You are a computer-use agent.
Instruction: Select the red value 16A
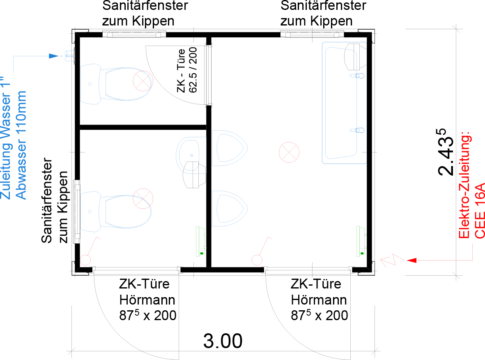479,196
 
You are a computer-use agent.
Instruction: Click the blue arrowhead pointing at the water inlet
54,56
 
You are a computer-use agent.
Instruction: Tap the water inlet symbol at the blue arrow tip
70,55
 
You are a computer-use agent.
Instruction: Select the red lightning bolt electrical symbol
392,260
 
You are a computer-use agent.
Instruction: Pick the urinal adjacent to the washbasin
229,148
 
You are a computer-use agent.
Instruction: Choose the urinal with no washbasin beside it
229,208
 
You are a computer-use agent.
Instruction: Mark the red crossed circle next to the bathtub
289,152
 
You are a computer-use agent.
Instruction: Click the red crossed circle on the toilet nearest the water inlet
143,81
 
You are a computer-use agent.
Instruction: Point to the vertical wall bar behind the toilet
74,211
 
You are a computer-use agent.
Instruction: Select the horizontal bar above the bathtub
312,31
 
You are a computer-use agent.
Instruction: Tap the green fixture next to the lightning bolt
361,242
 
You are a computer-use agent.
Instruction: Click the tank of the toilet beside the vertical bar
90,211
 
